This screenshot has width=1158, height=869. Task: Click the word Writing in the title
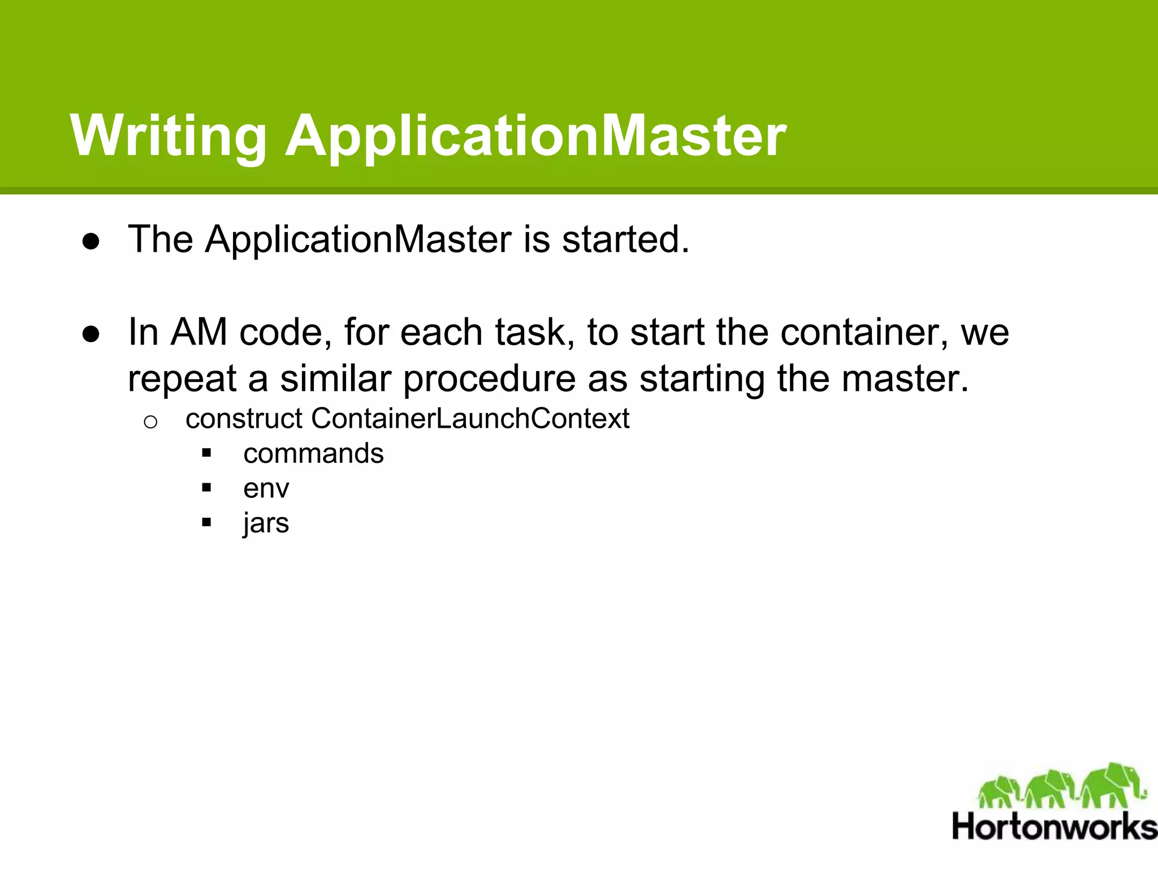tap(168, 136)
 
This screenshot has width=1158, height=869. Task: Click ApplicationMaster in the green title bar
tap(535, 136)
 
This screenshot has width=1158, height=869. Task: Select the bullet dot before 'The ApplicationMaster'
tap(91, 242)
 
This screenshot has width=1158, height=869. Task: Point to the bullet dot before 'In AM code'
tap(91, 334)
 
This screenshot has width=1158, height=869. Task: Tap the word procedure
tap(489, 378)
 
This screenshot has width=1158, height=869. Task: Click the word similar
tap(335, 378)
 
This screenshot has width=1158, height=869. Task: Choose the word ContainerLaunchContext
tap(470, 419)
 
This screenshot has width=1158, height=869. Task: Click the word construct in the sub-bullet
tap(244, 419)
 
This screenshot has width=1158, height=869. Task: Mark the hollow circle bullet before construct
tap(150, 422)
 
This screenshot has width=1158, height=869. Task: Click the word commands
tap(313, 454)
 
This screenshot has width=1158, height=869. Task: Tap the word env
tap(266, 488)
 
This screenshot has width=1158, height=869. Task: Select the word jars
tap(266, 523)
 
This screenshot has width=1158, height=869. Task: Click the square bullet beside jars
tap(206, 522)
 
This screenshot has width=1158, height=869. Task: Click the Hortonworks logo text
tap(1054, 827)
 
